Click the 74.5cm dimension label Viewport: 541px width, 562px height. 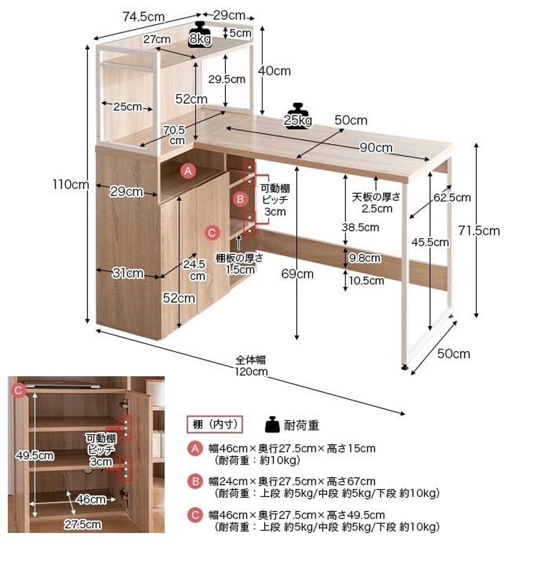[143, 17]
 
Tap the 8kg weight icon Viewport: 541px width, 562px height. [200, 34]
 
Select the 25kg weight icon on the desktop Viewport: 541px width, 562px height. [298, 115]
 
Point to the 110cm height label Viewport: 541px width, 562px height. [71, 184]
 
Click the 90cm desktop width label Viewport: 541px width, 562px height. [376, 147]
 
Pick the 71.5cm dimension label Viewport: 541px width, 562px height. [479, 231]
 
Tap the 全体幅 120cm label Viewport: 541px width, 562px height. [251, 366]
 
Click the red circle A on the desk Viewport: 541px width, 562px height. [188, 171]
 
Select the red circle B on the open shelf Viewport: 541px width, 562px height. [240, 199]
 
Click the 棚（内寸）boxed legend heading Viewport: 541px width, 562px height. [215, 424]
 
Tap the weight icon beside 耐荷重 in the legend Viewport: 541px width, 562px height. [272, 424]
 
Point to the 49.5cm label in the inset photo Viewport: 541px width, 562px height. [34, 456]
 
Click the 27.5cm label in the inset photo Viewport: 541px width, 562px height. [83, 524]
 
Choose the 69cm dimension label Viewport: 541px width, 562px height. [297, 274]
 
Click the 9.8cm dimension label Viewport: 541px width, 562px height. [364, 258]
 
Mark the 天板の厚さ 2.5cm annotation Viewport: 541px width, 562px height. [376, 203]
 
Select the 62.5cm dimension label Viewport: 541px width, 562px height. [452, 198]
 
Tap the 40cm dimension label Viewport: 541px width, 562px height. [275, 71]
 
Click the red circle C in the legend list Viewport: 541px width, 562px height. [195, 515]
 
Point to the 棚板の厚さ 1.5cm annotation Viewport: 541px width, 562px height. [239, 263]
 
